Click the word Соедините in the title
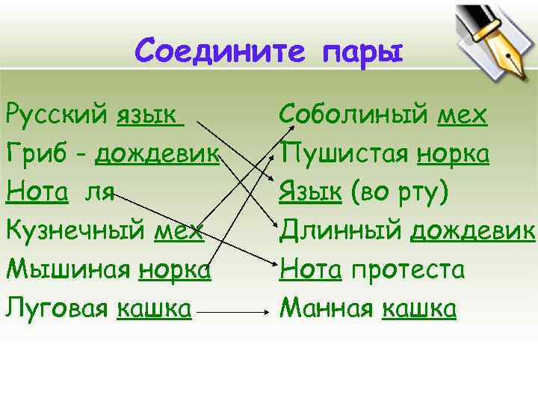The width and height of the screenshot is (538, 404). (220, 52)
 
